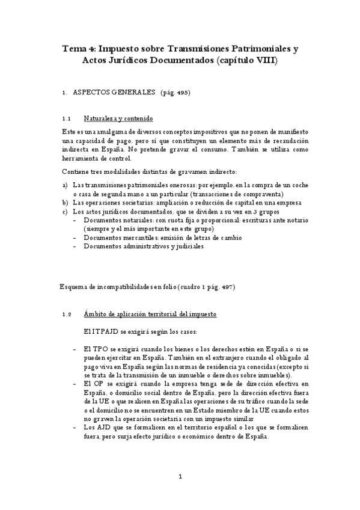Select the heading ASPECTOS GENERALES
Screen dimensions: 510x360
click(x=114, y=93)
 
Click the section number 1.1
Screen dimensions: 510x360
click(x=67, y=118)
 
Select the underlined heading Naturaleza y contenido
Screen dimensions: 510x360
click(x=118, y=118)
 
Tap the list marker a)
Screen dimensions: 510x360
click(x=65, y=185)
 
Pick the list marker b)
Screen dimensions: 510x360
click(x=65, y=203)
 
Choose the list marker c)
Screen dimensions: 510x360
click(x=65, y=212)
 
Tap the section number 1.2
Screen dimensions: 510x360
click(x=67, y=315)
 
